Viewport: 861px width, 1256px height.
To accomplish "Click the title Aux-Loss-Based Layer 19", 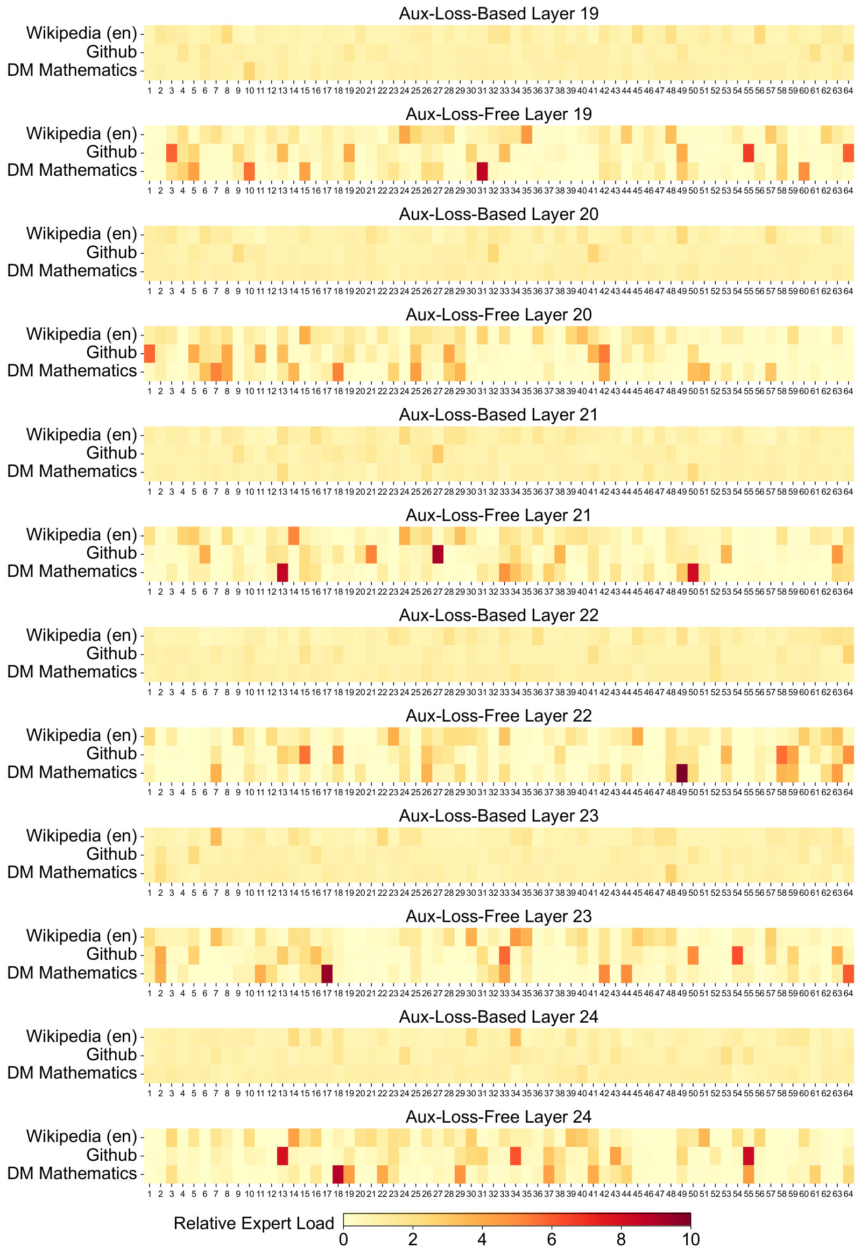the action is (x=498, y=13).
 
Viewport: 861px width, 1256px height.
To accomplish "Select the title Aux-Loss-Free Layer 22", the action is (x=498, y=716).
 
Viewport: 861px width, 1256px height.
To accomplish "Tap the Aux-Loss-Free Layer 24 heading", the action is (x=498, y=1117).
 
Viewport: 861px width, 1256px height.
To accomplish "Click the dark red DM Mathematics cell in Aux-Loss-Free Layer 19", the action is (x=482, y=172).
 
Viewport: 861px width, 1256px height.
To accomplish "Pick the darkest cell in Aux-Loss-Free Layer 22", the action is (x=682, y=773).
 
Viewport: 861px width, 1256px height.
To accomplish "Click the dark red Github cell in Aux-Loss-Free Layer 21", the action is (x=437, y=554).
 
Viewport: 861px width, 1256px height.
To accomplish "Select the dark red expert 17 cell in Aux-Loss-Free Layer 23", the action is (x=327, y=973).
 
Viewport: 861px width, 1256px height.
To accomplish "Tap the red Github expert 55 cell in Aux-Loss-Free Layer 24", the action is (x=749, y=1155).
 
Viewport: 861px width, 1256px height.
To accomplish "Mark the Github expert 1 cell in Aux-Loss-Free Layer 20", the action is (x=149, y=353).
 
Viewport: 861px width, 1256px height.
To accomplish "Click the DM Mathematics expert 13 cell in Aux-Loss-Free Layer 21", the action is (x=283, y=572).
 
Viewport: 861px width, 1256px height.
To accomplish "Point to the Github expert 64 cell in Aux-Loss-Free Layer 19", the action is (x=848, y=153).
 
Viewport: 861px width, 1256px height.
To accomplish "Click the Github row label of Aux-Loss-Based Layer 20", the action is (x=111, y=252).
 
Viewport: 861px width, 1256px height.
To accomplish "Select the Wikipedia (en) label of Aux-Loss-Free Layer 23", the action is (x=82, y=936).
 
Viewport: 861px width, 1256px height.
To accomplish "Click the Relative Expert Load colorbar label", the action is (x=253, y=1223).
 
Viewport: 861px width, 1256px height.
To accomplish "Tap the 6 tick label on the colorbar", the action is (x=552, y=1239).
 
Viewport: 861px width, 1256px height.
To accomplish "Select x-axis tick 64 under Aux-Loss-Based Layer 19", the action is (x=848, y=91).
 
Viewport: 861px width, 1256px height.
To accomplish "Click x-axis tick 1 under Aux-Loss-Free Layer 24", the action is (x=149, y=1193).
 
